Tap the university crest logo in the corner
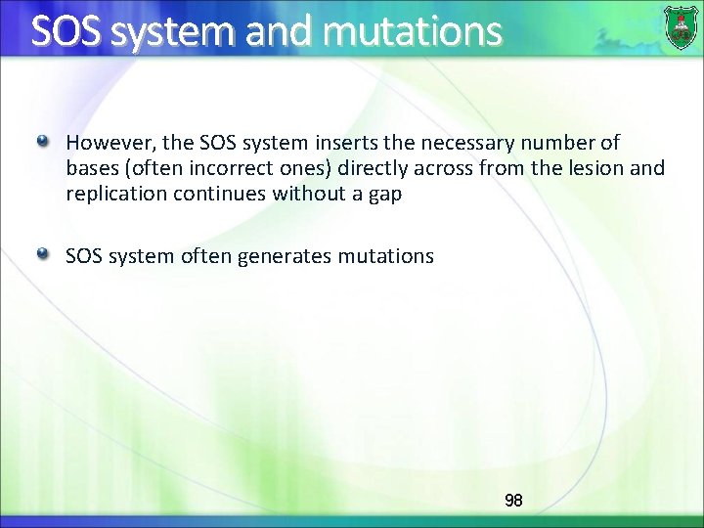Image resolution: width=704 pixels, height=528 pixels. coord(682,26)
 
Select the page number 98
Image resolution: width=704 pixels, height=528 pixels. coord(513,501)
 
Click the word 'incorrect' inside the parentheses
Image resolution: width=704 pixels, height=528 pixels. coord(220,168)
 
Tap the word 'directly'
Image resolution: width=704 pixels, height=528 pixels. coord(372,168)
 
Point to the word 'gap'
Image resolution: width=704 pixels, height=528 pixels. coord(384,195)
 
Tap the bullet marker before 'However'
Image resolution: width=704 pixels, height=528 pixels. coord(43,143)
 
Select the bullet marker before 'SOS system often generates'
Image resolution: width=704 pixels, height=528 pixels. coord(43,255)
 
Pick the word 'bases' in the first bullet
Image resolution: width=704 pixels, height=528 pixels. coord(90,168)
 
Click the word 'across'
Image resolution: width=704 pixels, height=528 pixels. coord(440,168)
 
